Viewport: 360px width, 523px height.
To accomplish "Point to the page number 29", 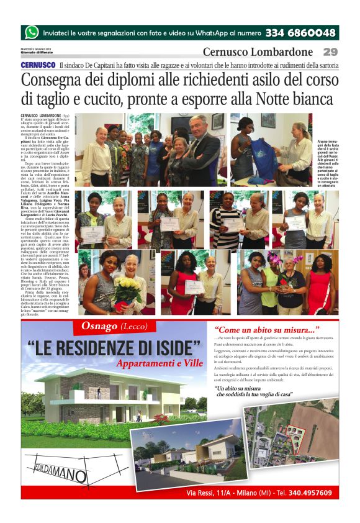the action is (x=330, y=52).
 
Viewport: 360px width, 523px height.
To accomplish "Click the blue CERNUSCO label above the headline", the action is (x=38, y=65).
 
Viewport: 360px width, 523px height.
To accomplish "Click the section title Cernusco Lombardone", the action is (x=258, y=52).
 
